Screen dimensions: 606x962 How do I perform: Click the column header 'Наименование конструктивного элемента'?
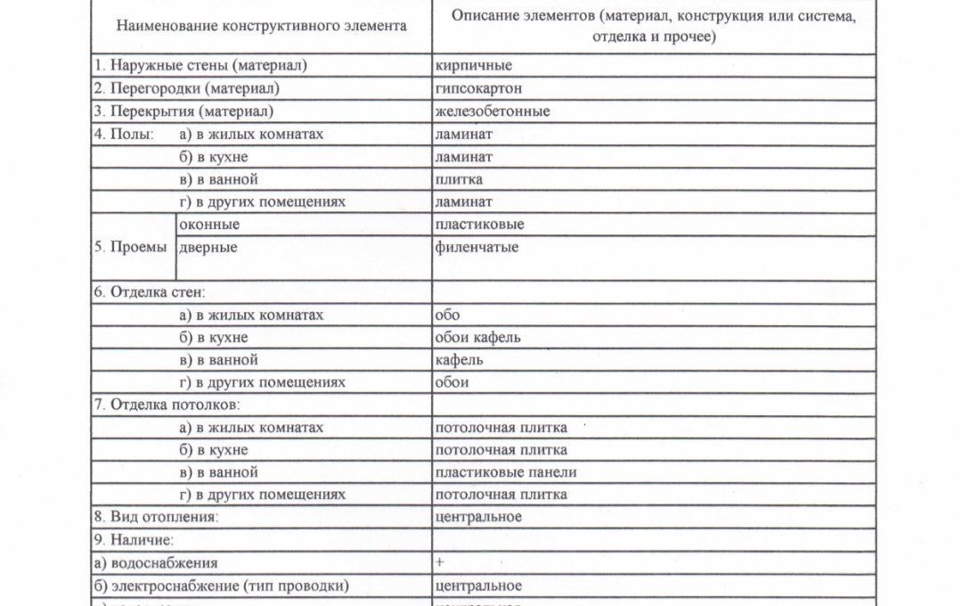tap(261, 26)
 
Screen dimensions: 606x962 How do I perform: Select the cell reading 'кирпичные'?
tap(473, 66)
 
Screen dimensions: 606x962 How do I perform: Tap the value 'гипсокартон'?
tap(478, 88)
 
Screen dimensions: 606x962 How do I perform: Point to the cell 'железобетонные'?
tap(493, 111)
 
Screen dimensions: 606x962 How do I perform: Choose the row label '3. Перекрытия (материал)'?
tap(183, 111)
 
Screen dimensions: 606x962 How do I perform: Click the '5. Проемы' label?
tap(130, 247)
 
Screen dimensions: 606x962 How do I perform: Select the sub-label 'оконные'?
tap(209, 225)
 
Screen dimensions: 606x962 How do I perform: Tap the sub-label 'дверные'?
tap(208, 247)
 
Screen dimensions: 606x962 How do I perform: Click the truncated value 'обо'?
tap(447, 315)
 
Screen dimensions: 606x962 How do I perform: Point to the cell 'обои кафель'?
tap(477, 338)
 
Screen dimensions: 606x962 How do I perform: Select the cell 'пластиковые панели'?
tap(505, 472)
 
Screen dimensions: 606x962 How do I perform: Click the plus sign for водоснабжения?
tap(440, 562)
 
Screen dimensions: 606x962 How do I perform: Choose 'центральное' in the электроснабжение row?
tap(477, 586)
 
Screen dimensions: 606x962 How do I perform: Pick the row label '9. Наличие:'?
tap(133, 539)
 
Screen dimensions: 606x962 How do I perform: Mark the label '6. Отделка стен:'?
tap(150, 292)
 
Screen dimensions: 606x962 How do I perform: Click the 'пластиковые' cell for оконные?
tap(479, 225)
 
